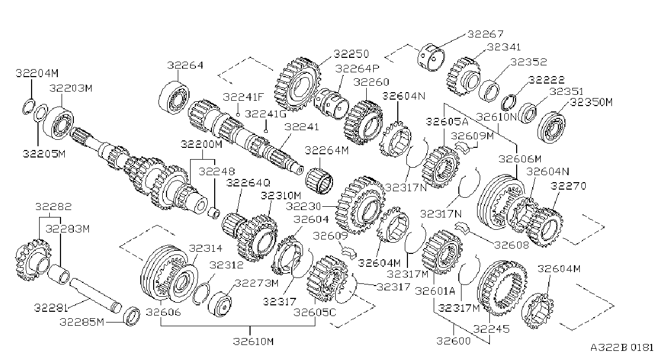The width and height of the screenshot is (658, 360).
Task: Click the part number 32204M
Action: pos(37,73)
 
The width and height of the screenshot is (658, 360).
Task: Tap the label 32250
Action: pos(351,54)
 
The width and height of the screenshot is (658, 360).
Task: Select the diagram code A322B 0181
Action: pos(622,348)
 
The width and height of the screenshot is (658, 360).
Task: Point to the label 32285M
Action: pos(82,322)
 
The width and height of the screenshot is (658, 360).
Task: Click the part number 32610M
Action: pos(253,341)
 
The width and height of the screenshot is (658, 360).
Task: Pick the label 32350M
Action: pos(591,102)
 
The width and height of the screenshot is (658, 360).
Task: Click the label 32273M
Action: pos(257,283)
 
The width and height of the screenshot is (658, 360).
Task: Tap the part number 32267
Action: pos(485,34)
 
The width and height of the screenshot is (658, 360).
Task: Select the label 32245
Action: pos(491,329)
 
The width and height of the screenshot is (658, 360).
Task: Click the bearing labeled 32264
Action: pos(174,97)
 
